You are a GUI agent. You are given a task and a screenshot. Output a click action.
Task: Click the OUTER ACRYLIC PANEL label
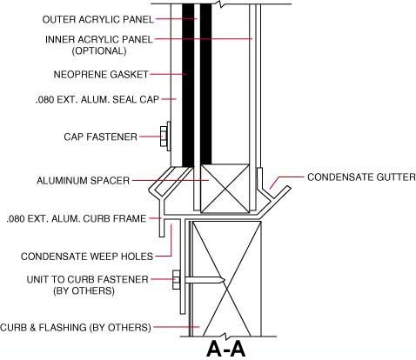click(97, 19)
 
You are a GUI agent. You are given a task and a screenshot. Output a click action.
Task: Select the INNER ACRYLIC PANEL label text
click(99, 39)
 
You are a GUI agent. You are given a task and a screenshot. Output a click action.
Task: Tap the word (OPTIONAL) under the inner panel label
click(99, 50)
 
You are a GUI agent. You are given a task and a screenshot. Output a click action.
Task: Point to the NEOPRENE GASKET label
click(101, 75)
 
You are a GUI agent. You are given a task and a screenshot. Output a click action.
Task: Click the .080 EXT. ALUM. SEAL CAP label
click(97, 100)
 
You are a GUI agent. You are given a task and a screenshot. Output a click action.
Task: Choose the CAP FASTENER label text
click(100, 137)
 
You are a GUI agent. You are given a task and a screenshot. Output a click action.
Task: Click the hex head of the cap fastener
click(164, 137)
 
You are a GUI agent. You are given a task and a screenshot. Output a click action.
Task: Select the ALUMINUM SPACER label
click(83, 181)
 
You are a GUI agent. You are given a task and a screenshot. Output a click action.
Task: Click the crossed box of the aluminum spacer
click(225, 189)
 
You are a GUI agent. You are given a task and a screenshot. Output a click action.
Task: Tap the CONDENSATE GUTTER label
click(361, 177)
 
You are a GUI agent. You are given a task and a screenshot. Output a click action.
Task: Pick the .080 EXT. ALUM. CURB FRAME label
click(77, 218)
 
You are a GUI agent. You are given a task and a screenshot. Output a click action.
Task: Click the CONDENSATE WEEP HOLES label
click(87, 257)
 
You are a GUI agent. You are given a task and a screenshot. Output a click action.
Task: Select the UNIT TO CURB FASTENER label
click(88, 279)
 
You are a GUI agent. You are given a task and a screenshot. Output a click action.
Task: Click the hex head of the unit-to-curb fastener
click(176, 280)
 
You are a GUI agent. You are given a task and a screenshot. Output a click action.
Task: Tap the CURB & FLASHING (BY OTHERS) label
click(76, 328)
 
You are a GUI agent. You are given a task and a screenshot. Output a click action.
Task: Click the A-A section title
click(226, 349)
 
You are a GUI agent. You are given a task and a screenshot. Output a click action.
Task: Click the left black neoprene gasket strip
click(188, 85)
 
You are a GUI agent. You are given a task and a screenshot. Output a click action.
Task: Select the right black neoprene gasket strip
click(206, 84)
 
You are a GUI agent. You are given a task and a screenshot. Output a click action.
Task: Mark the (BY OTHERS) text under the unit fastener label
click(84, 290)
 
